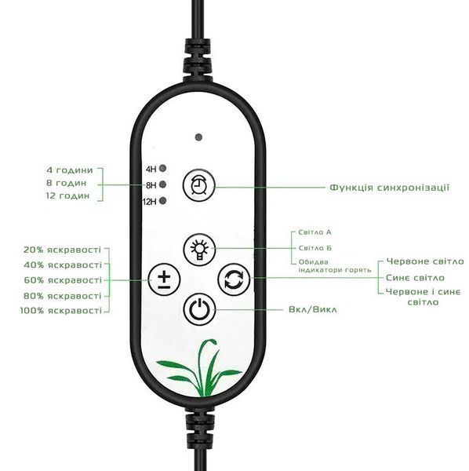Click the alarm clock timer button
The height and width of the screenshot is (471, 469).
click(x=199, y=184)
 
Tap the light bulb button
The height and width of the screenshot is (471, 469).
click(x=199, y=250)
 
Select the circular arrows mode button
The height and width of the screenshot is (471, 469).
click(x=234, y=279)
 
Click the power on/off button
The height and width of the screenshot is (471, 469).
click(x=199, y=309)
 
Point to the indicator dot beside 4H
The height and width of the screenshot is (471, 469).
click(x=163, y=168)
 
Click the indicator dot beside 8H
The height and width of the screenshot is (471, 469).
click(x=163, y=184)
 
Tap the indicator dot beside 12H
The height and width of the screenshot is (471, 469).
click(x=163, y=201)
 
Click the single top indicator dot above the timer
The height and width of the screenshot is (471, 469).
click(x=198, y=137)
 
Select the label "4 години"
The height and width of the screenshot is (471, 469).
click(x=70, y=170)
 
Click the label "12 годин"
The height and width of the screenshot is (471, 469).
click(x=67, y=195)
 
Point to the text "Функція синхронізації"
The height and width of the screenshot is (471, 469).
click(x=390, y=188)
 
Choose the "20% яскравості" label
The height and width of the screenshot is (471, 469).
click(x=63, y=250)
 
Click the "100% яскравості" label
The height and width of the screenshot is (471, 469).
click(x=61, y=310)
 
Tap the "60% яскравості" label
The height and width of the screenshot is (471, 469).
click(x=63, y=280)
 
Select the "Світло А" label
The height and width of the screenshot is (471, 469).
click(x=314, y=232)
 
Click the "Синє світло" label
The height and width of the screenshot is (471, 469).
click(x=416, y=278)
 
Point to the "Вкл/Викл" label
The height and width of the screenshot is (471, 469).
click(x=313, y=309)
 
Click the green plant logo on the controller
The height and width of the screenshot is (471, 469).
click(x=199, y=368)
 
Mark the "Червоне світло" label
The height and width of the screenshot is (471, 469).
click(x=425, y=261)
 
